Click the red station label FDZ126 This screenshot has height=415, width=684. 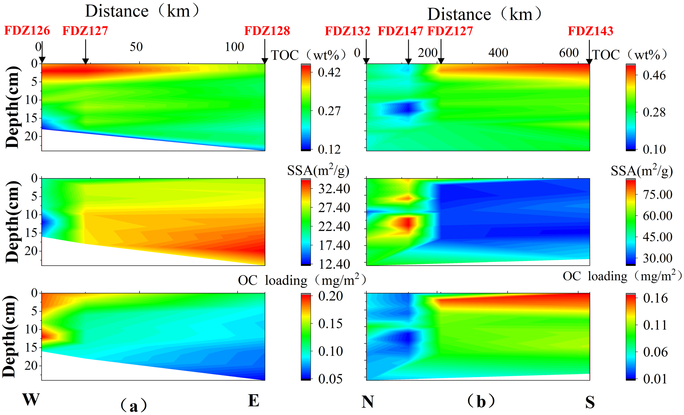pos(27,31)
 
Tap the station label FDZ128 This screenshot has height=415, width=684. pos(267,31)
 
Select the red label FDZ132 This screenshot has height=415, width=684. pos(347,31)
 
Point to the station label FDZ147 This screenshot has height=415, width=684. pos(400,31)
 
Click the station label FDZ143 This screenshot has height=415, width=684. pos(590,31)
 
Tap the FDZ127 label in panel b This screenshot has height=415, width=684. pos(450,31)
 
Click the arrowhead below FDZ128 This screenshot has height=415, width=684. pos(265,61)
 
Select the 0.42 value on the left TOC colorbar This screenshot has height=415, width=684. pos(329,72)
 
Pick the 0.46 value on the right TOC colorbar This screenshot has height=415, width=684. pos(654,75)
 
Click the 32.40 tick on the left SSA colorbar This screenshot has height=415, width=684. pos(334,189)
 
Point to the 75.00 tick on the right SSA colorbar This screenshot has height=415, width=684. pos(658,194)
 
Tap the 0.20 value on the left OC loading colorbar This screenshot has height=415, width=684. pos(331,296)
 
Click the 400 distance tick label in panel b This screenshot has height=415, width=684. pos(498,53)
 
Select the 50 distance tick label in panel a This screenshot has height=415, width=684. pos(136,47)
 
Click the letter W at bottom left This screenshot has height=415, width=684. pos(31,399)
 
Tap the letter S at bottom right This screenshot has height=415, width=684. pos(590,402)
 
